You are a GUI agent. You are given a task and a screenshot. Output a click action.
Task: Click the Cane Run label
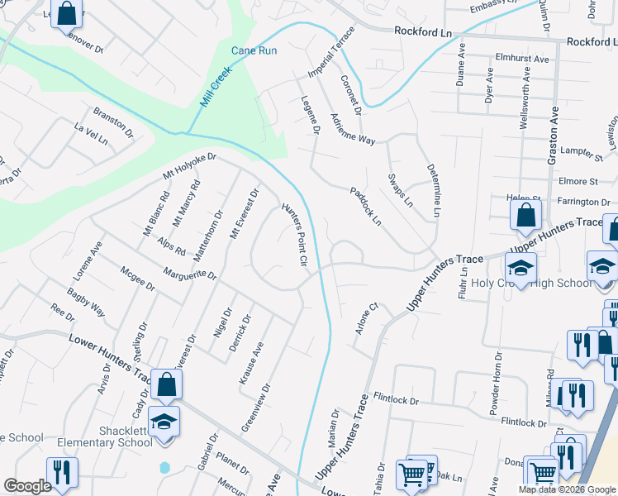click(x=254, y=50)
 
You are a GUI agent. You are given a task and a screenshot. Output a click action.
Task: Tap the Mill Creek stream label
click(x=216, y=87)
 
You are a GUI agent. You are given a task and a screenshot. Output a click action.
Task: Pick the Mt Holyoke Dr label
click(x=189, y=167)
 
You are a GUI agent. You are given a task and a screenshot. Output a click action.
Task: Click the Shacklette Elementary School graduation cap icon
click(x=164, y=421)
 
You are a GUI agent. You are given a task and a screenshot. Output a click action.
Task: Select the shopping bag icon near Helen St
click(x=525, y=216)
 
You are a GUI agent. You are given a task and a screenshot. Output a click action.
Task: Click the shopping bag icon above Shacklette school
click(x=166, y=384)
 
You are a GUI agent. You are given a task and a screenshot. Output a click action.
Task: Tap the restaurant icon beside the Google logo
click(x=62, y=472)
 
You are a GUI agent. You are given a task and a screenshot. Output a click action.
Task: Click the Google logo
click(x=27, y=486)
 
